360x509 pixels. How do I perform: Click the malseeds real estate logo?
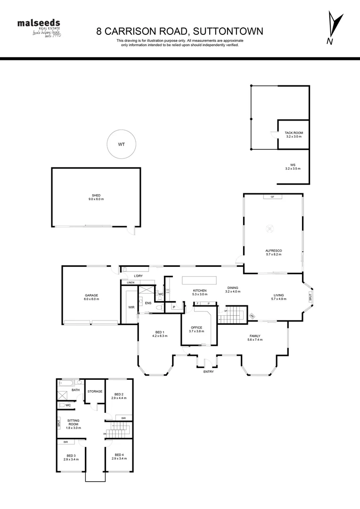(41, 28)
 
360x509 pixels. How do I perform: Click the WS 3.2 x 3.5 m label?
(293, 166)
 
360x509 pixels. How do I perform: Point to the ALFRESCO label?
(273, 252)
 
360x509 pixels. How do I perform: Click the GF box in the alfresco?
(272, 197)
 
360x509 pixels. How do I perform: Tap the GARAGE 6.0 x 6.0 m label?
(91, 296)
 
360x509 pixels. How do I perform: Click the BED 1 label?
(160, 334)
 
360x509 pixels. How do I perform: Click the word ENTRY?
(208, 372)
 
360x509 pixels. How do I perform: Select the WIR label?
(131, 307)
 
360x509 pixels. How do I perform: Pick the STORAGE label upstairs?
(95, 392)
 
